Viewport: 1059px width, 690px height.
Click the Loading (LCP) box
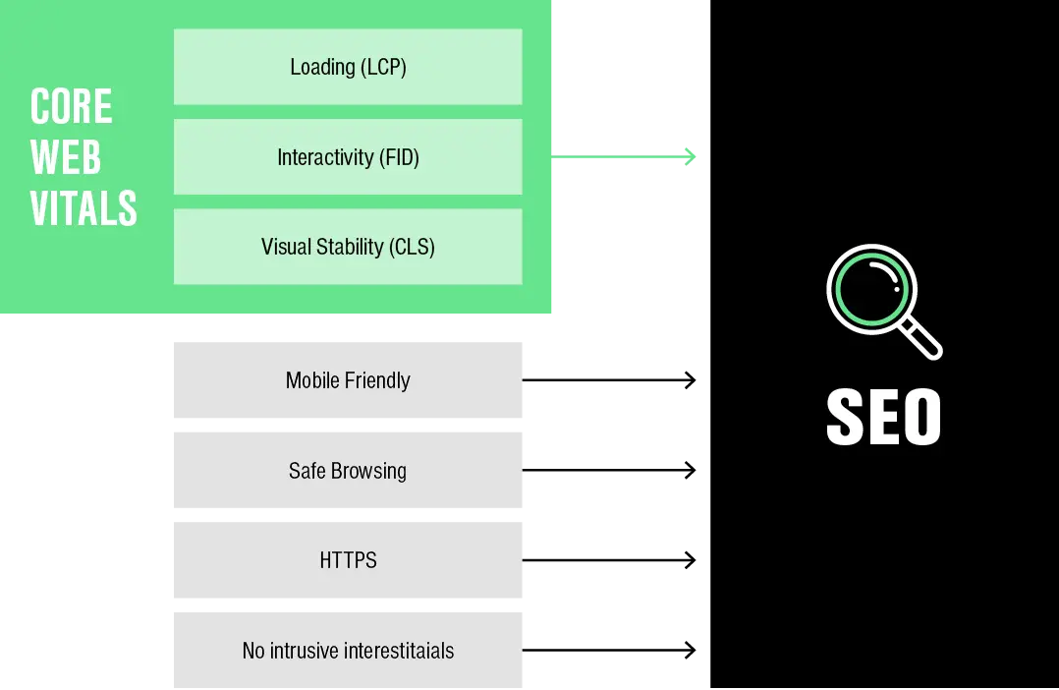pyautogui.click(x=348, y=67)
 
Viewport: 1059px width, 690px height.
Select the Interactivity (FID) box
pyautogui.click(x=348, y=157)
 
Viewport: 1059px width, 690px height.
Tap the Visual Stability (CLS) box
pyautogui.click(x=348, y=247)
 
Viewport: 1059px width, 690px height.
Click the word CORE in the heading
pyautogui.click(x=71, y=107)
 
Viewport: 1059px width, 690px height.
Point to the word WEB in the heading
pyautogui.click(x=66, y=157)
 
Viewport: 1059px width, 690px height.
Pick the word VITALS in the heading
pyautogui.click(x=84, y=208)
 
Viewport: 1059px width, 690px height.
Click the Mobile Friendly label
pyautogui.click(x=348, y=380)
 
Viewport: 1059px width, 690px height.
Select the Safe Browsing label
pyautogui.click(x=348, y=471)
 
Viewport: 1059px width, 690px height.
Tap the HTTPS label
pyautogui.click(x=348, y=560)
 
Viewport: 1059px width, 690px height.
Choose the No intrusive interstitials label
pyautogui.click(x=348, y=651)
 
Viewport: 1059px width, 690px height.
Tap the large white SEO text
pyautogui.click(x=884, y=417)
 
